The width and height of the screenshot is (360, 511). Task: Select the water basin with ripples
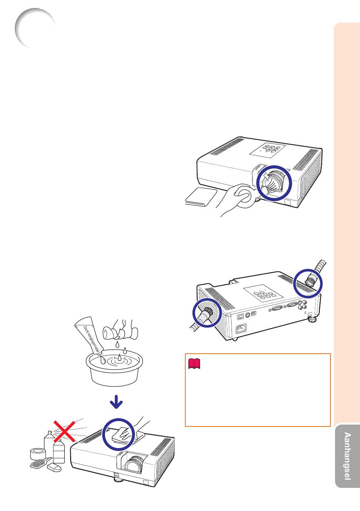(x=114, y=370)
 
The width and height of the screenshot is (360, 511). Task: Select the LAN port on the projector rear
(x=241, y=317)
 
